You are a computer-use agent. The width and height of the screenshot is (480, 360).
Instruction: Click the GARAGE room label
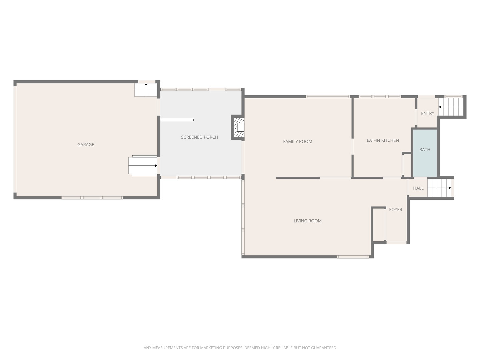tap(86, 145)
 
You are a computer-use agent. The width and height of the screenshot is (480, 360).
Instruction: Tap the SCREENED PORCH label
tap(199, 137)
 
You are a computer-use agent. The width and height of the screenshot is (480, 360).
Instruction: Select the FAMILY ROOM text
tap(297, 142)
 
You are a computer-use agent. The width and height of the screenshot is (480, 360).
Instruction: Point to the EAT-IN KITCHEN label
tap(383, 140)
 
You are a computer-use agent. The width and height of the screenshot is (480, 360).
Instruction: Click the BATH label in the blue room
tap(425, 150)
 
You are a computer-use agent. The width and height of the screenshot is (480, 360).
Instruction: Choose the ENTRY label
tap(428, 113)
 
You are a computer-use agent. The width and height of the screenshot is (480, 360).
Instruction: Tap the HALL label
tap(418, 188)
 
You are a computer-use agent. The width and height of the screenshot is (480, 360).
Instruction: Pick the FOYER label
tap(396, 210)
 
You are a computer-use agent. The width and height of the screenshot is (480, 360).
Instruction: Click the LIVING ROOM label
tap(307, 221)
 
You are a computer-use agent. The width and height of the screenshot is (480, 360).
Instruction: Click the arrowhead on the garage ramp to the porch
tap(156, 166)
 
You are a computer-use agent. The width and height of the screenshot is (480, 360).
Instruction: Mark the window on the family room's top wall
tap(328, 97)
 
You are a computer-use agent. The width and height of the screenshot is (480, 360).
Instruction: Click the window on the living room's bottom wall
tap(353, 257)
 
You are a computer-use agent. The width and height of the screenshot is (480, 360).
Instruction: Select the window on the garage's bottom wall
tap(92, 198)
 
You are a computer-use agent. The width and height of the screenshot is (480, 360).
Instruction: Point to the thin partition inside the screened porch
tap(177, 120)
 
